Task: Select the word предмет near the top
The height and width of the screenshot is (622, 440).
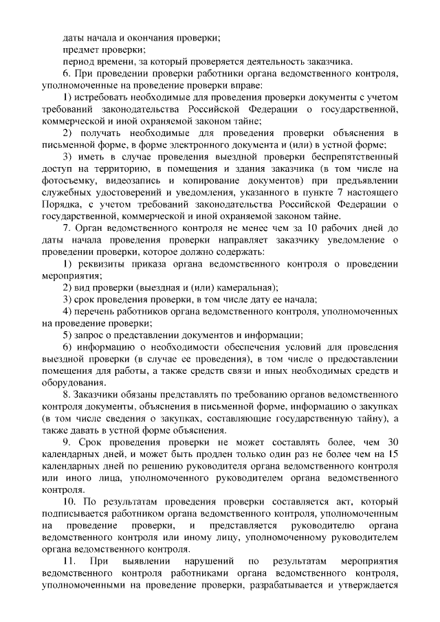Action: pos(81,49)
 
